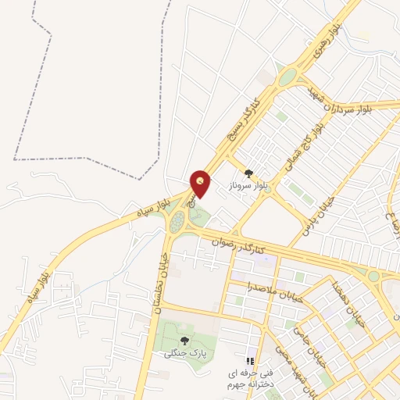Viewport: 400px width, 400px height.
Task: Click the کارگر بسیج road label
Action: (x=241, y=120)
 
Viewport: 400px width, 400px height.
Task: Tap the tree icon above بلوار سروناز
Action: (x=248, y=174)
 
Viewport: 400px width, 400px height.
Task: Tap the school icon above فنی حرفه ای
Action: (x=251, y=361)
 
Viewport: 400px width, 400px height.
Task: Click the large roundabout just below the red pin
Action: (x=183, y=223)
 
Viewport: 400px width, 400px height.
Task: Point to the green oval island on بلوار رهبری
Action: (x=287, y=76)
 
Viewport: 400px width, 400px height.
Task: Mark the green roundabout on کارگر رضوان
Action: (x=374, y=276)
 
